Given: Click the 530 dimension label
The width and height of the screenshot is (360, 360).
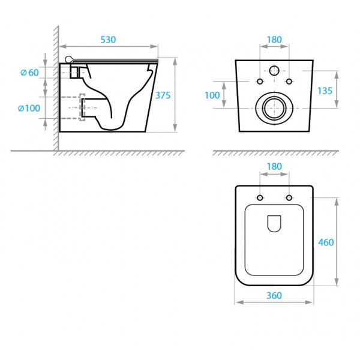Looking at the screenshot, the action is [108, 40].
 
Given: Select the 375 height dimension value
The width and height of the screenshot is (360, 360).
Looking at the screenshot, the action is [163, 95].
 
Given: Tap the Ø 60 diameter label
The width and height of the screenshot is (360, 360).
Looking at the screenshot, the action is [29, 73].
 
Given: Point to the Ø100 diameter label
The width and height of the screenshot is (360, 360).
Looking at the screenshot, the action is [29, 108].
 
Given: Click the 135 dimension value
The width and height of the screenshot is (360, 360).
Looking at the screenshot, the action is [325, 91].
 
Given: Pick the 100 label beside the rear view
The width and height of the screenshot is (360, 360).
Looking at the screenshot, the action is [212, 95].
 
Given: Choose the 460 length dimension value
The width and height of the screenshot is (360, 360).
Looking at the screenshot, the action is [326, 242].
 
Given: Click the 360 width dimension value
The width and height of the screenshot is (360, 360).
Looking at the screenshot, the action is [274, 295].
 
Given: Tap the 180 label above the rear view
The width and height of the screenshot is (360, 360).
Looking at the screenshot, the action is [274, 40].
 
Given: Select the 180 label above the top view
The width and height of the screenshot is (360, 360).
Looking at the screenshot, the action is [274, 166].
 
